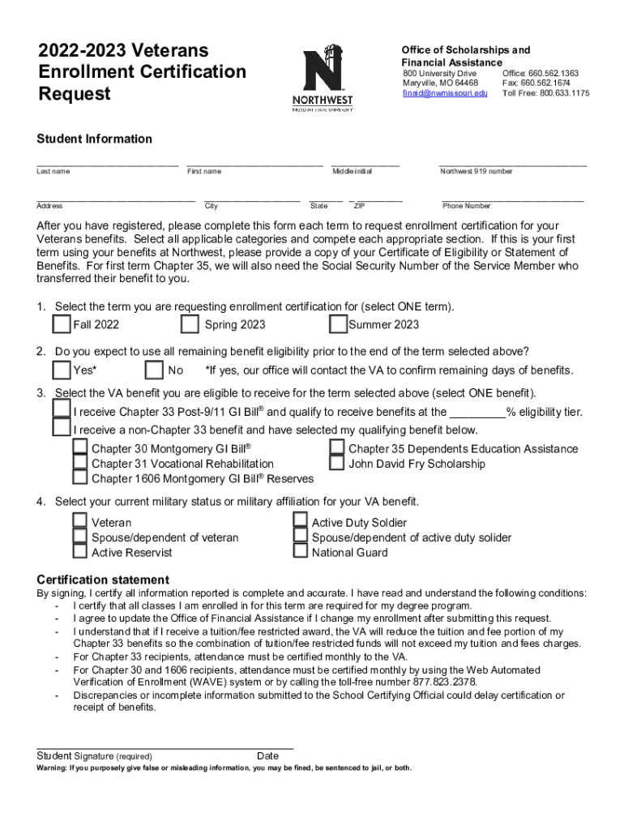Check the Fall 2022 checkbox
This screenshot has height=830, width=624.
click(x=62, y=324)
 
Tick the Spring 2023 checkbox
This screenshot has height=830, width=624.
click(x=190, y=324)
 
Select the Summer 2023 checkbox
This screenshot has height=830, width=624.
click(x=338, y=324)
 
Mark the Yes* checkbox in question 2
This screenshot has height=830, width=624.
click(x=62, y=370)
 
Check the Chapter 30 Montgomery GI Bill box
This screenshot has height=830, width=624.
click(x=80, y=448)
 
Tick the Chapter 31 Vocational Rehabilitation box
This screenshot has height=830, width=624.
click(x=80, y=464)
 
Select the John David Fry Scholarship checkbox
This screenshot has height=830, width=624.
click(x=337, y=464)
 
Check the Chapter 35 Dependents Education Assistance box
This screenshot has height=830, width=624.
click(x=337, y=448)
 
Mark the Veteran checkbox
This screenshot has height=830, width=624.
click(x=79, y=521)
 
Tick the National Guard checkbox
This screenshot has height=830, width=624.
click(x=300, y=552)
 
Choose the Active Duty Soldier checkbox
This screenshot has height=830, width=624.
click(x=300, y=521)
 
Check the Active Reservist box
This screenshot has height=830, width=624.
click(x=79, y=552)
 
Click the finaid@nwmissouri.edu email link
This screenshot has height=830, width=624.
click(x=446, y=93)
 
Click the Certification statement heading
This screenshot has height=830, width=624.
click(x=103, y=580)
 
